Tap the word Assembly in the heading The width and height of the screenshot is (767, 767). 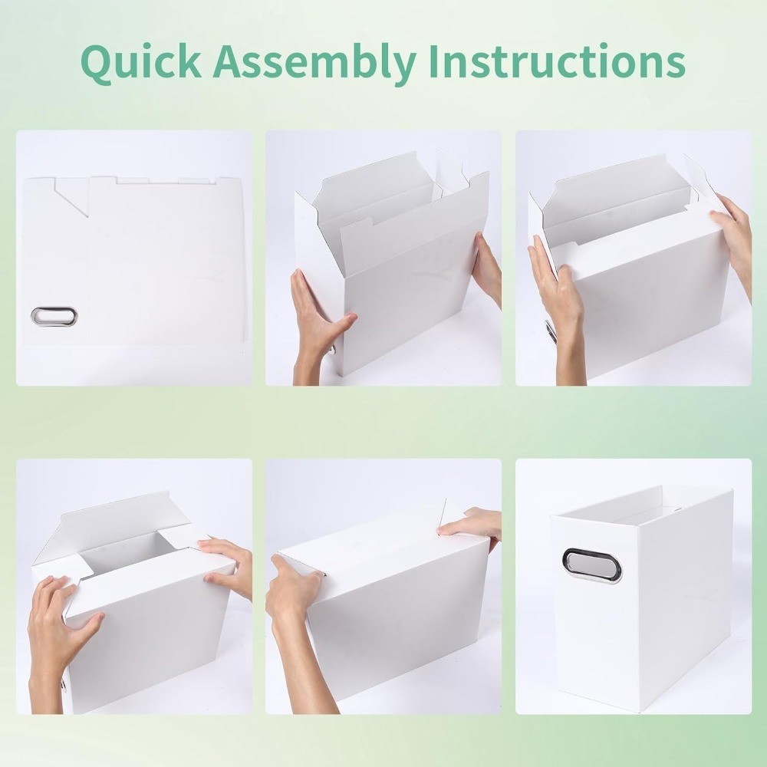[321, 63]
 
